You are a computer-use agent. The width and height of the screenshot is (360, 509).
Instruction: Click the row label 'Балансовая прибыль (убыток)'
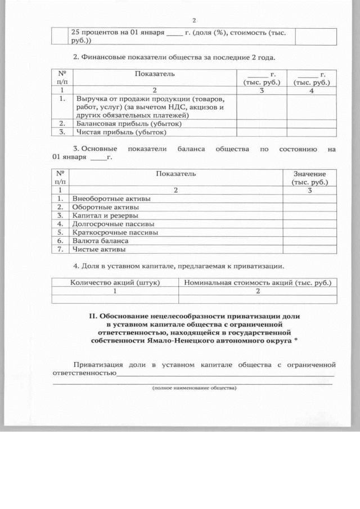[121, 123]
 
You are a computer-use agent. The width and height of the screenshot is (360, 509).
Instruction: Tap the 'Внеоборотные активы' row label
[112, 199]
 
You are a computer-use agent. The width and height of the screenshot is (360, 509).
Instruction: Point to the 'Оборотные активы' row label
[106, 206]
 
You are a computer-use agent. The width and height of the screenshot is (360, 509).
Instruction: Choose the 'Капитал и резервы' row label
[106, 215]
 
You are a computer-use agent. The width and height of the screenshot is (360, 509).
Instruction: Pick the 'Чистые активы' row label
[99, 249]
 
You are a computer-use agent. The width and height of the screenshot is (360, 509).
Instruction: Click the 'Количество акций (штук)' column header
[115, 282]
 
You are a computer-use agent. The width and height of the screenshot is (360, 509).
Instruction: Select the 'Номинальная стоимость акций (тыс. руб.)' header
[258, 282]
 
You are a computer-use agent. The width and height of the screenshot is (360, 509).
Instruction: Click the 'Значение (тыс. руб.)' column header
[310, 178]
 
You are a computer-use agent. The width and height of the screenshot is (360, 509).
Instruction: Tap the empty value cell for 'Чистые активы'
[310, 249]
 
